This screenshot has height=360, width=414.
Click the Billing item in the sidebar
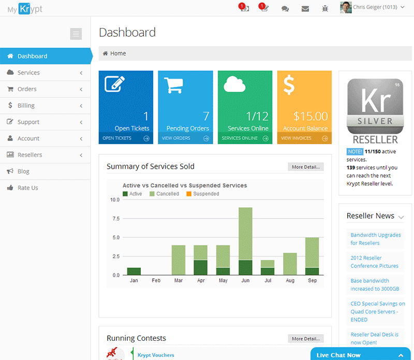click(26, 105)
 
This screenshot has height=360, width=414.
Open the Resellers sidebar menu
click(29, 155)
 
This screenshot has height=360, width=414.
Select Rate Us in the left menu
click(27, 188)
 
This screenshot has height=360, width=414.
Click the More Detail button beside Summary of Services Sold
click(305, 167)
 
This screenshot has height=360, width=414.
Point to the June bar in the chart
click(245, 241)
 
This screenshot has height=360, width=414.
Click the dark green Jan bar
click(134, 271)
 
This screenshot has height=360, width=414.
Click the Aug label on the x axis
click(290, 280)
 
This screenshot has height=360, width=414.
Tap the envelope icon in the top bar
click(305, 8)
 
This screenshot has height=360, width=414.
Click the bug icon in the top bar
click(325, 8)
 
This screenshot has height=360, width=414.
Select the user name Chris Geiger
click(375, 8)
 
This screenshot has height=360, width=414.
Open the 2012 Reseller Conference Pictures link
click(374, 262)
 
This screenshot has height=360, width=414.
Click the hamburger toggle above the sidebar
click(76, 34)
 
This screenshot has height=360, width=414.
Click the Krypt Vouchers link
click(156, 355)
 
